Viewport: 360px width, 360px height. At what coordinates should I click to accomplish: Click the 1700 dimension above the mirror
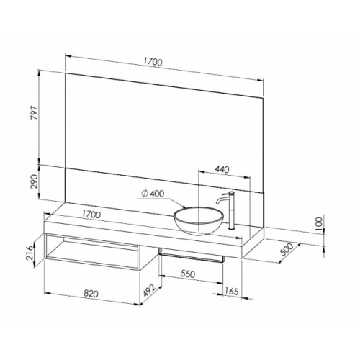(x=152, y=63)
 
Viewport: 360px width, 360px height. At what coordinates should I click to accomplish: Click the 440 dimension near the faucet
(x=222, y=170)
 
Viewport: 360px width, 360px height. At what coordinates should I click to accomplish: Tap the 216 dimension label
(x=28, y=254)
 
